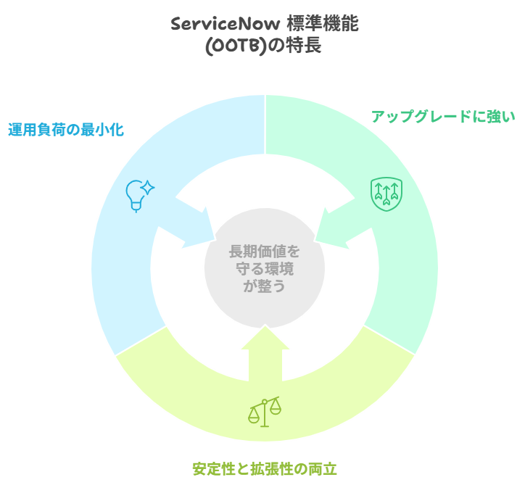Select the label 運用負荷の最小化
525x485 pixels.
66,130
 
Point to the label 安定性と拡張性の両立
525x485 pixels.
265,468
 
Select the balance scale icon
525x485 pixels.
264,411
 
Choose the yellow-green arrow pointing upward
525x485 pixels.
265,355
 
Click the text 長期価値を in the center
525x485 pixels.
264,252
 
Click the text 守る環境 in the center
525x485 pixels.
264,269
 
